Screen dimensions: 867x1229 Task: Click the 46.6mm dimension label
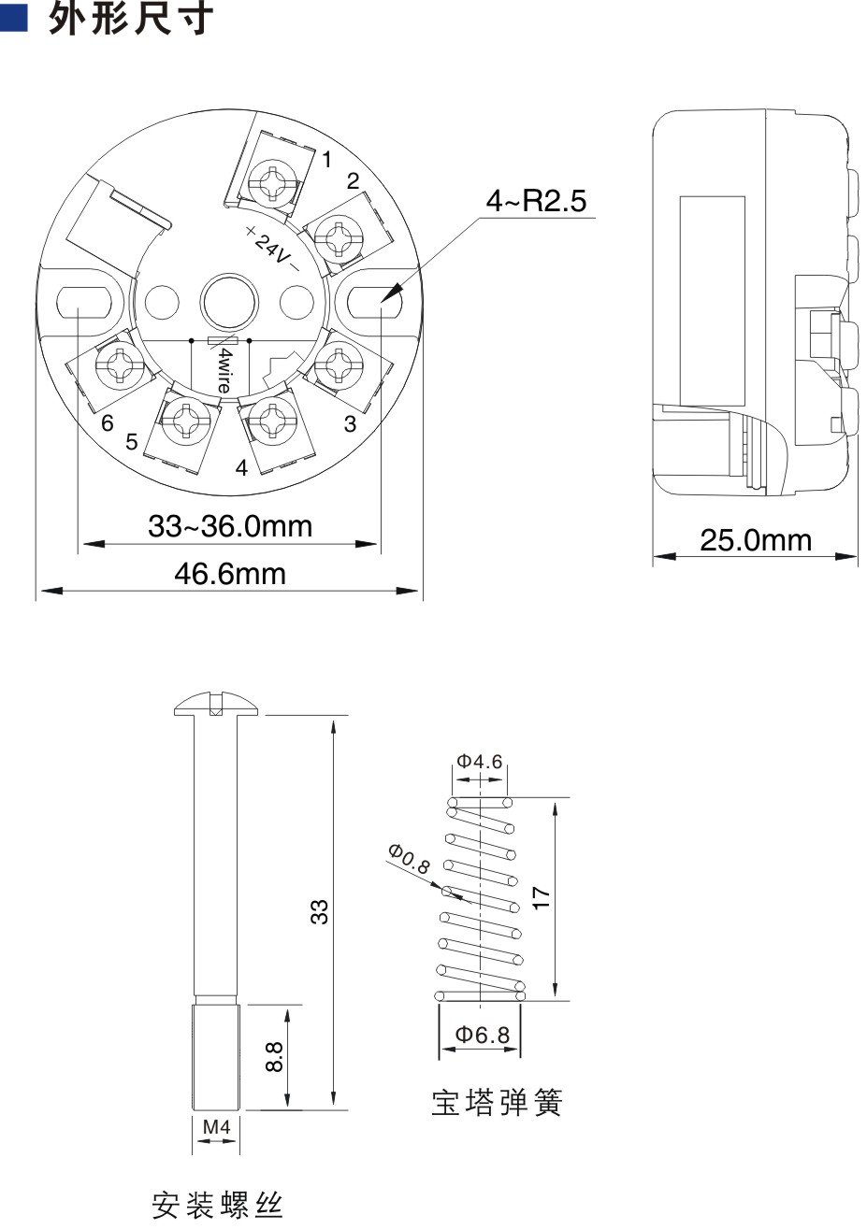(x=230, y=575)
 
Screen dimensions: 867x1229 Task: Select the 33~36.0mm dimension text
(x=230, y=526)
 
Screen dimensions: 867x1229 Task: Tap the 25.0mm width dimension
(x=756, y=540)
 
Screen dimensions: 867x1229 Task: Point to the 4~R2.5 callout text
(x=536, y=200)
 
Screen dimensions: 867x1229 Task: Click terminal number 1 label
(x=327, y=160)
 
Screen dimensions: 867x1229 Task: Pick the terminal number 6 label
(x=107, y=423)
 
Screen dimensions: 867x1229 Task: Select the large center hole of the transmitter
(x=229, y=302)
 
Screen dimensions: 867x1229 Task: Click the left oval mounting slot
(x=84, y=302)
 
